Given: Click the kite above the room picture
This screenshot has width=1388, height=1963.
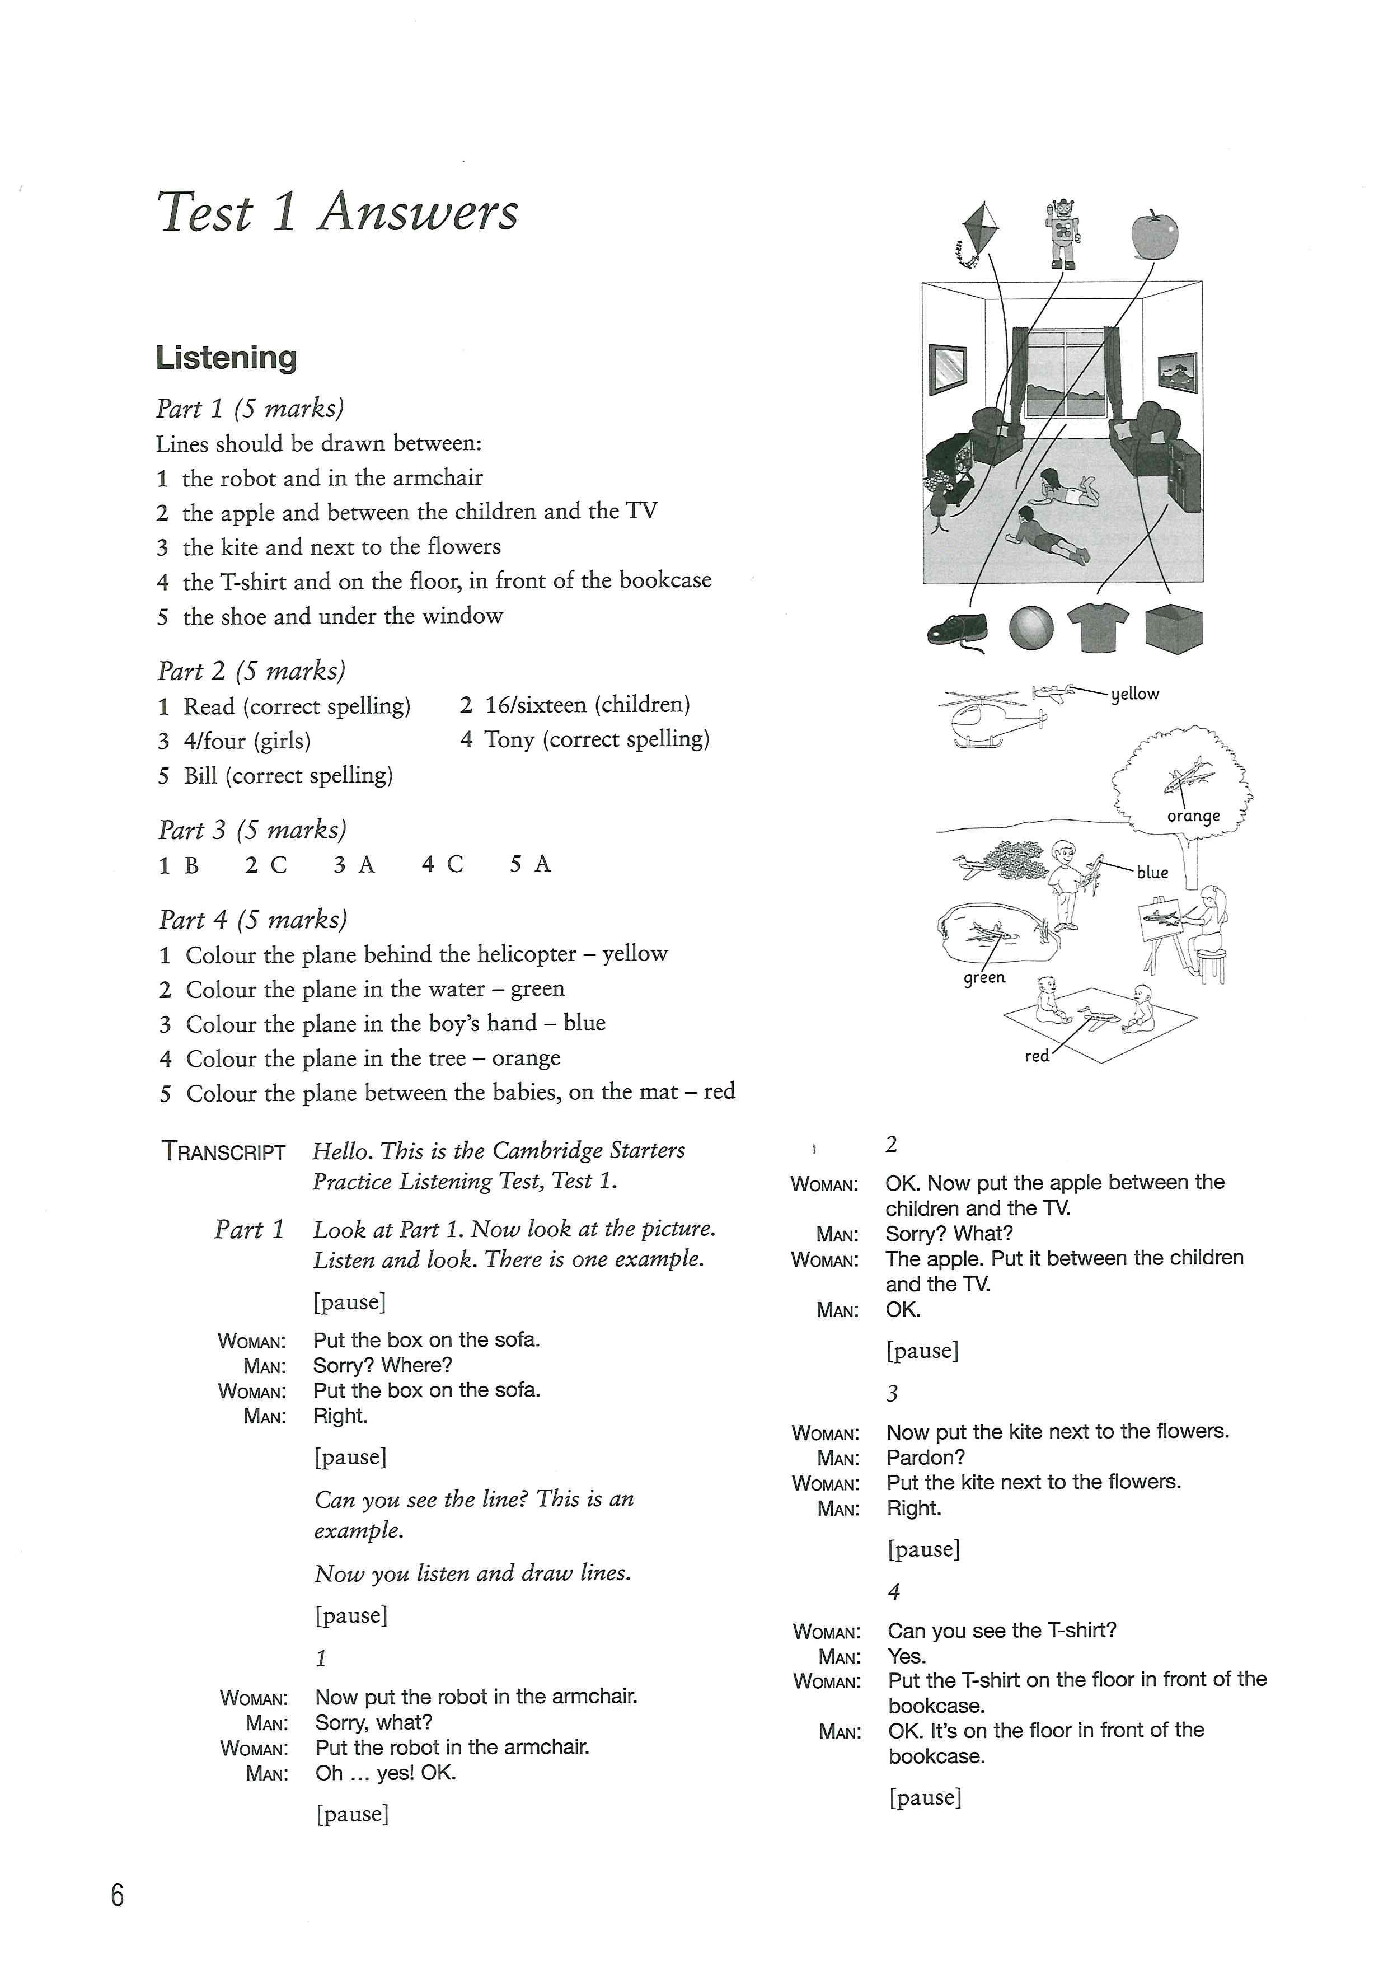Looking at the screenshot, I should click(x=979, y=231).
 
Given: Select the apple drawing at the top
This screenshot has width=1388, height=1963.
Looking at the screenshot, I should click(x=1154, y=233).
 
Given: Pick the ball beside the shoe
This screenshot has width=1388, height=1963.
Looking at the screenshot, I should click(x=1031, y=629).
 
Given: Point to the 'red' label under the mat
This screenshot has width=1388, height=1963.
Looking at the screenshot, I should click(x=1037, y=1056).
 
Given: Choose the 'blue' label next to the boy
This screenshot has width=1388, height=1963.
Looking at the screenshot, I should click(x=1152, y=872).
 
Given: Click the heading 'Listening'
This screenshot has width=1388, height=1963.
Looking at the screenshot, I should click(x=227, y=357).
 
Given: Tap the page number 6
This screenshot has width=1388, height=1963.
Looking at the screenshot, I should click(x=117, y=1895).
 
